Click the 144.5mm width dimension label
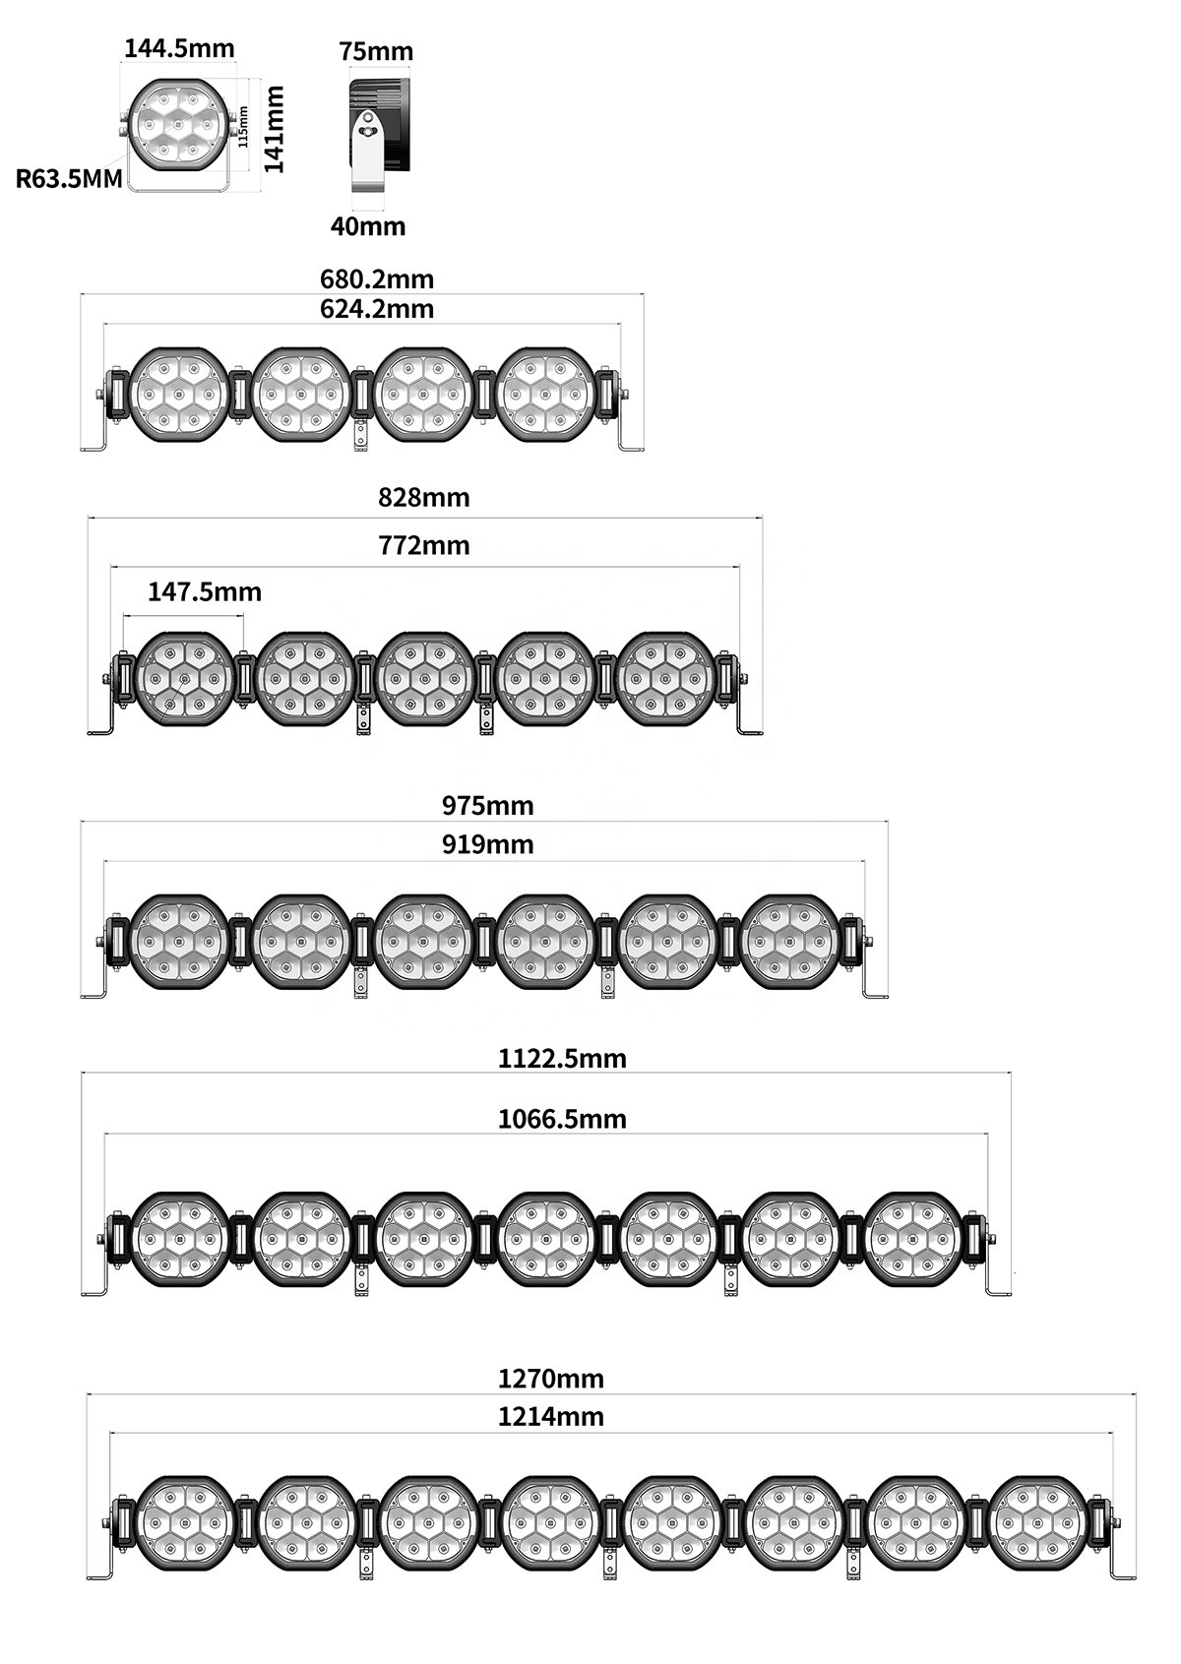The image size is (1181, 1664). pos(179,48)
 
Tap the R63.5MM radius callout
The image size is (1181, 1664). pos(69,179)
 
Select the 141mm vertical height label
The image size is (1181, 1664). pos(275,129)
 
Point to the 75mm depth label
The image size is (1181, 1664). pos(376,51)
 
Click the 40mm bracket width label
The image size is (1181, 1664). pos(368,225)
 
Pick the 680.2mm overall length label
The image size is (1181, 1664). pos(377,279)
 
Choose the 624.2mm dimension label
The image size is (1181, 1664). pos(377,308)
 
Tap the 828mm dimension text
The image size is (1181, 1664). pos(423,497)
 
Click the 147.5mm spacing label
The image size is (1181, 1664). pos(205,592)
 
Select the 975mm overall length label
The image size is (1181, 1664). pos(487,806)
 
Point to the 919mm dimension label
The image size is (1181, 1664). pos(487,844)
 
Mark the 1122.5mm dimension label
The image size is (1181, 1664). pos(562,1059)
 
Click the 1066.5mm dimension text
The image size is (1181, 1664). pos(562,1119)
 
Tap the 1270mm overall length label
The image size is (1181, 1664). pos(550,1379)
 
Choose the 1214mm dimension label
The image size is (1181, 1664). pos(550,1417)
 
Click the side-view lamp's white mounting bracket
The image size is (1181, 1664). pos(368,153)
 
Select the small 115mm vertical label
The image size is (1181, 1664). pos(244,127)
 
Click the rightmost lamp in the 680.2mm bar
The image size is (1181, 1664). pos(546,395)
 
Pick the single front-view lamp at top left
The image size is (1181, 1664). pos(179,127)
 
